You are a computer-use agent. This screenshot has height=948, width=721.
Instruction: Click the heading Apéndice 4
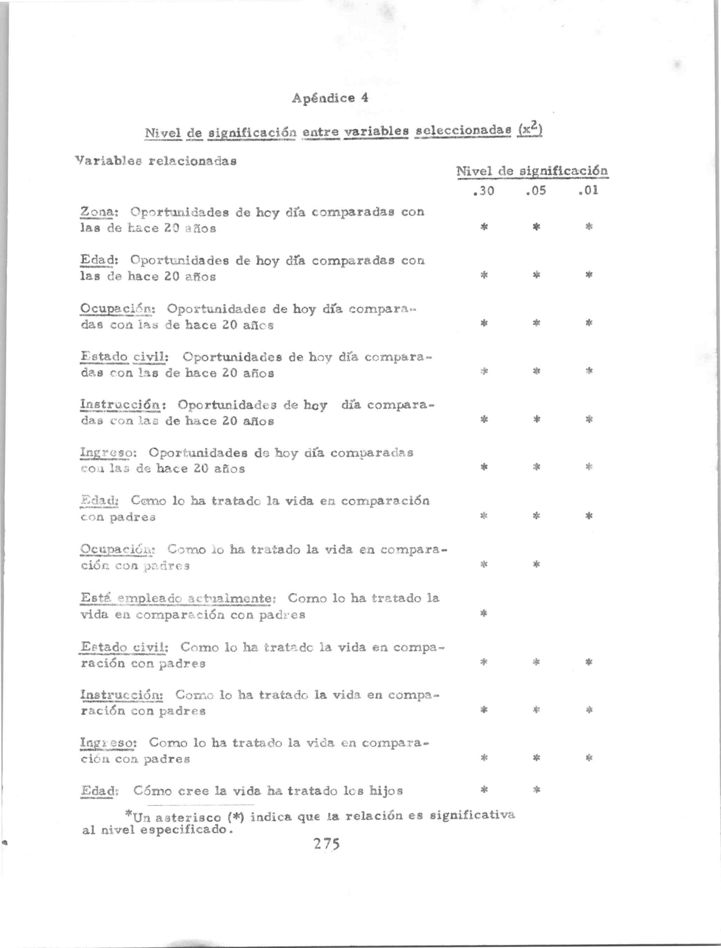click(x=330, y=98)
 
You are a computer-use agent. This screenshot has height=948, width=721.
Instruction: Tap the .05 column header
click(x=536, y=190)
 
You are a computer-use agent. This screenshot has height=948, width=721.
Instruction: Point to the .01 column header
click(x=588, y=190)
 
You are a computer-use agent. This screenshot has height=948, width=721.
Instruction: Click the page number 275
click(x=327, y=843)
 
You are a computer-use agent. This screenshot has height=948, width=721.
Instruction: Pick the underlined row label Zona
click(x=99, y=212)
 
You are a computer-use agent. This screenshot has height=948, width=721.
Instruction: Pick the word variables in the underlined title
click(x=377, y=131)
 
